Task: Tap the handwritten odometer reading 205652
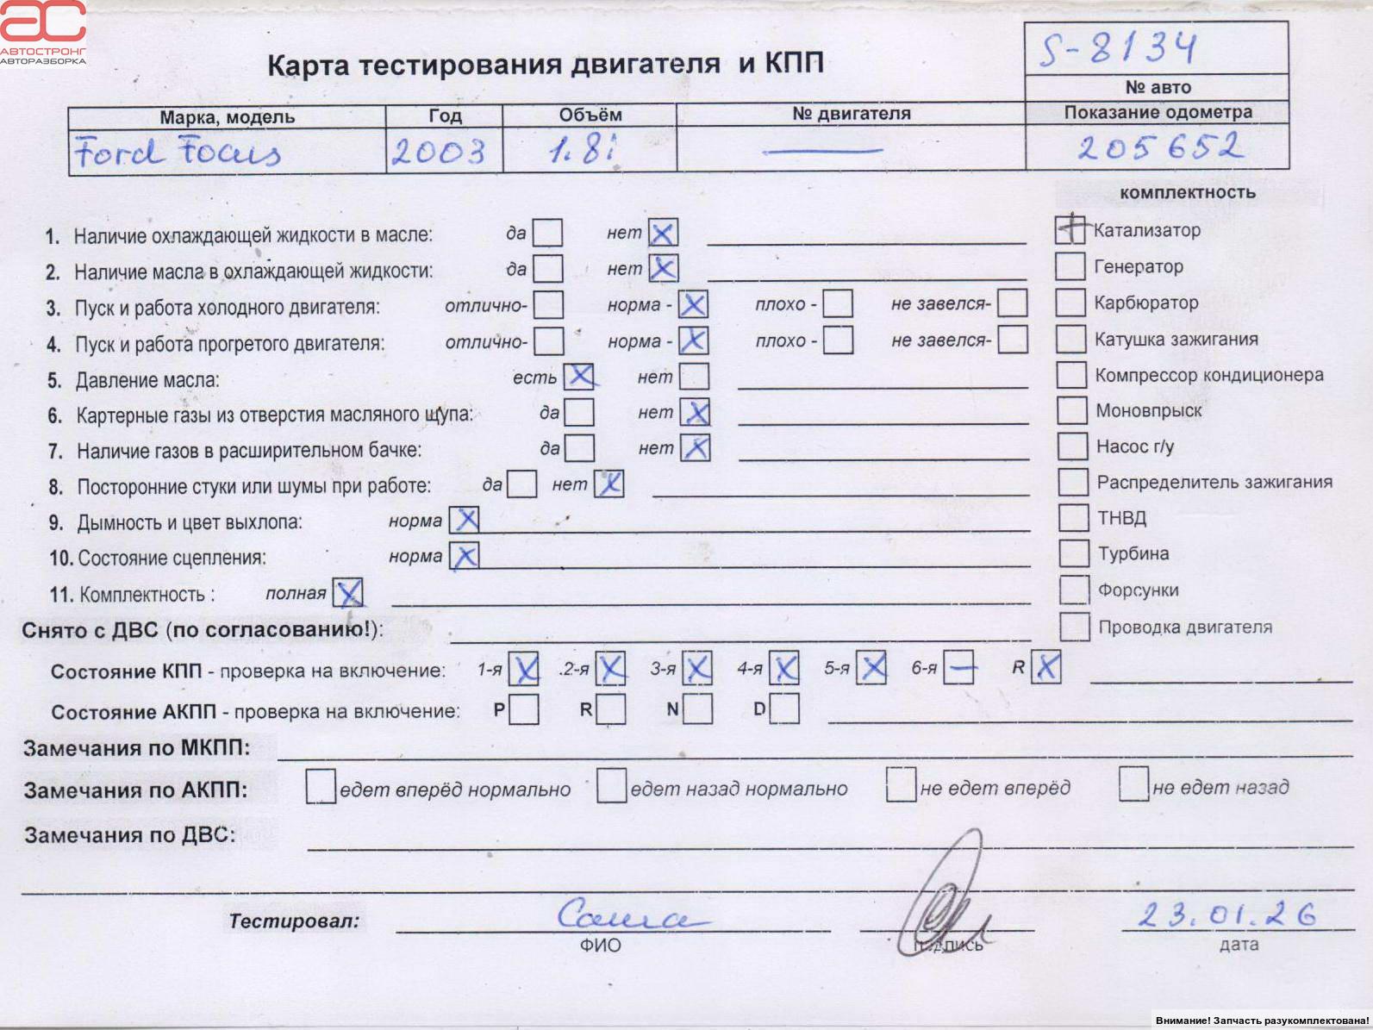pyautogui.click(x=1160, y=147)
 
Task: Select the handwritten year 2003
pyautogui.click(x=439, y=153)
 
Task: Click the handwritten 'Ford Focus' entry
pyautogui.click(x=178, y=152)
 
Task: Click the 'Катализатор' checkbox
pyautogui.click(x=1070, y=229)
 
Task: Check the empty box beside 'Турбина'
pyautogui.click(x=1074, y=553)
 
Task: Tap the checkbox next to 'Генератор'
pyautogui.click(x=1070, y=266)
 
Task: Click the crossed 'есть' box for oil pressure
pyautogui.click(x=579, y=377)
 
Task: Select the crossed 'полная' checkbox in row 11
pyautogui.click(x=348, y=593)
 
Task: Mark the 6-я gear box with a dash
pyautogui.click(x=958, y=667)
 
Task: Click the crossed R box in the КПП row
pyautogui.click(x=1046, y=666)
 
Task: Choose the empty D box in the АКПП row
pyautogui.click(x=784, y=709)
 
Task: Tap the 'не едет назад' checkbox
pyautogui.click(x=1133, y=784)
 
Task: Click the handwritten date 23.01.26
pyautogui.click(x=1227, y=915)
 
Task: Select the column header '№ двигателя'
pyautogui.click(x=851, y=114)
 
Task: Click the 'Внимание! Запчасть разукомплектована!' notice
pyautogui.click(x=1262, y=1021)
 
